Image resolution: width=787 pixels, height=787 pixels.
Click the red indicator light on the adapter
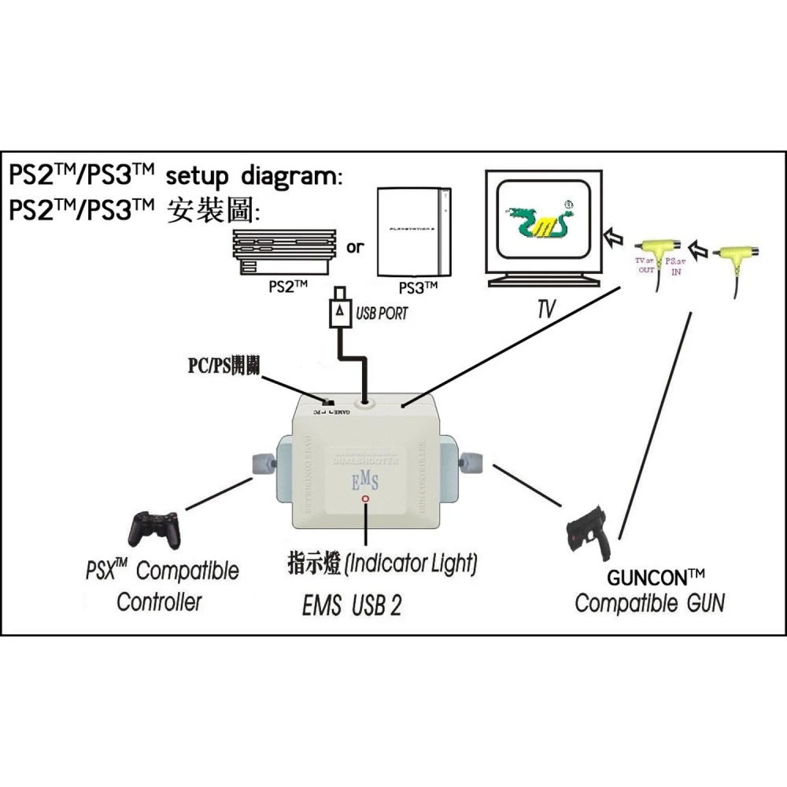coord(364,499)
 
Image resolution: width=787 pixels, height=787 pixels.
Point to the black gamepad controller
coord(155,529)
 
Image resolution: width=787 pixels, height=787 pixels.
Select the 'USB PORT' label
coord(382,313)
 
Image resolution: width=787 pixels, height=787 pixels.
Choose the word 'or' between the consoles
coord(356,248)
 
